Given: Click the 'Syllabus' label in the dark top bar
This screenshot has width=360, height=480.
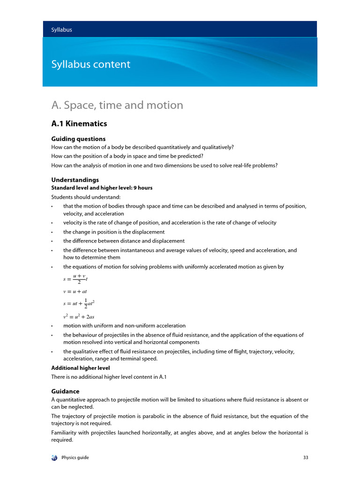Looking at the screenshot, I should (x=61, y=30).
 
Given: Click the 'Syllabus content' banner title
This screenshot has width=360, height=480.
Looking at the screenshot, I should (x=90, y=64).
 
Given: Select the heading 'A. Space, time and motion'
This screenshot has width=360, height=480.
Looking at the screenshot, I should (x=117, y=105).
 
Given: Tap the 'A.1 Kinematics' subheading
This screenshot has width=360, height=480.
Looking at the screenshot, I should (x=79, y=124).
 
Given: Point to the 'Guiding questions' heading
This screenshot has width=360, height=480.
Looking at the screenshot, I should (x=78, y=139).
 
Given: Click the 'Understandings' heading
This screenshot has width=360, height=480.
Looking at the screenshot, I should (x=75, y=180).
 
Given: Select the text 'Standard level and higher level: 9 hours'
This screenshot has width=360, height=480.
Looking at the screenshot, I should (x=102, y=187).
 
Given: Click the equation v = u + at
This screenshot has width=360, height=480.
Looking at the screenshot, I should (x=75, y=291).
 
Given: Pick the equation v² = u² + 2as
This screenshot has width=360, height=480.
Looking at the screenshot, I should (x=79, y=316).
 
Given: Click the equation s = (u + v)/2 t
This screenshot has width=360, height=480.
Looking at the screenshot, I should (x=75, y=279).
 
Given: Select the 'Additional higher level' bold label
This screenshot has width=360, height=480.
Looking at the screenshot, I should (x=80, y=368).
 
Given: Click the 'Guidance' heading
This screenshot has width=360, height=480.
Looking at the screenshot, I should (x=65, y=391).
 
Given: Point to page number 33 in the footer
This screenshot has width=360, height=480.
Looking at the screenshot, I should (x=306, y=457).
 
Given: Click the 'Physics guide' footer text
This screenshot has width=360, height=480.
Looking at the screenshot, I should (x=75, y=457).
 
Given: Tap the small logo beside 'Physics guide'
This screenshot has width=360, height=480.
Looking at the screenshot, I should (x=54, y=457).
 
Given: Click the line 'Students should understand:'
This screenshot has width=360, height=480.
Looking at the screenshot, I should (x=79, y=197).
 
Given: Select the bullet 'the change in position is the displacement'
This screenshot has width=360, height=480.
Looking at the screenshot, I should (x=114, y=232).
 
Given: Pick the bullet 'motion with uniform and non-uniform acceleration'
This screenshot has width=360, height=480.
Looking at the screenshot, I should (x=124, y=326).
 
